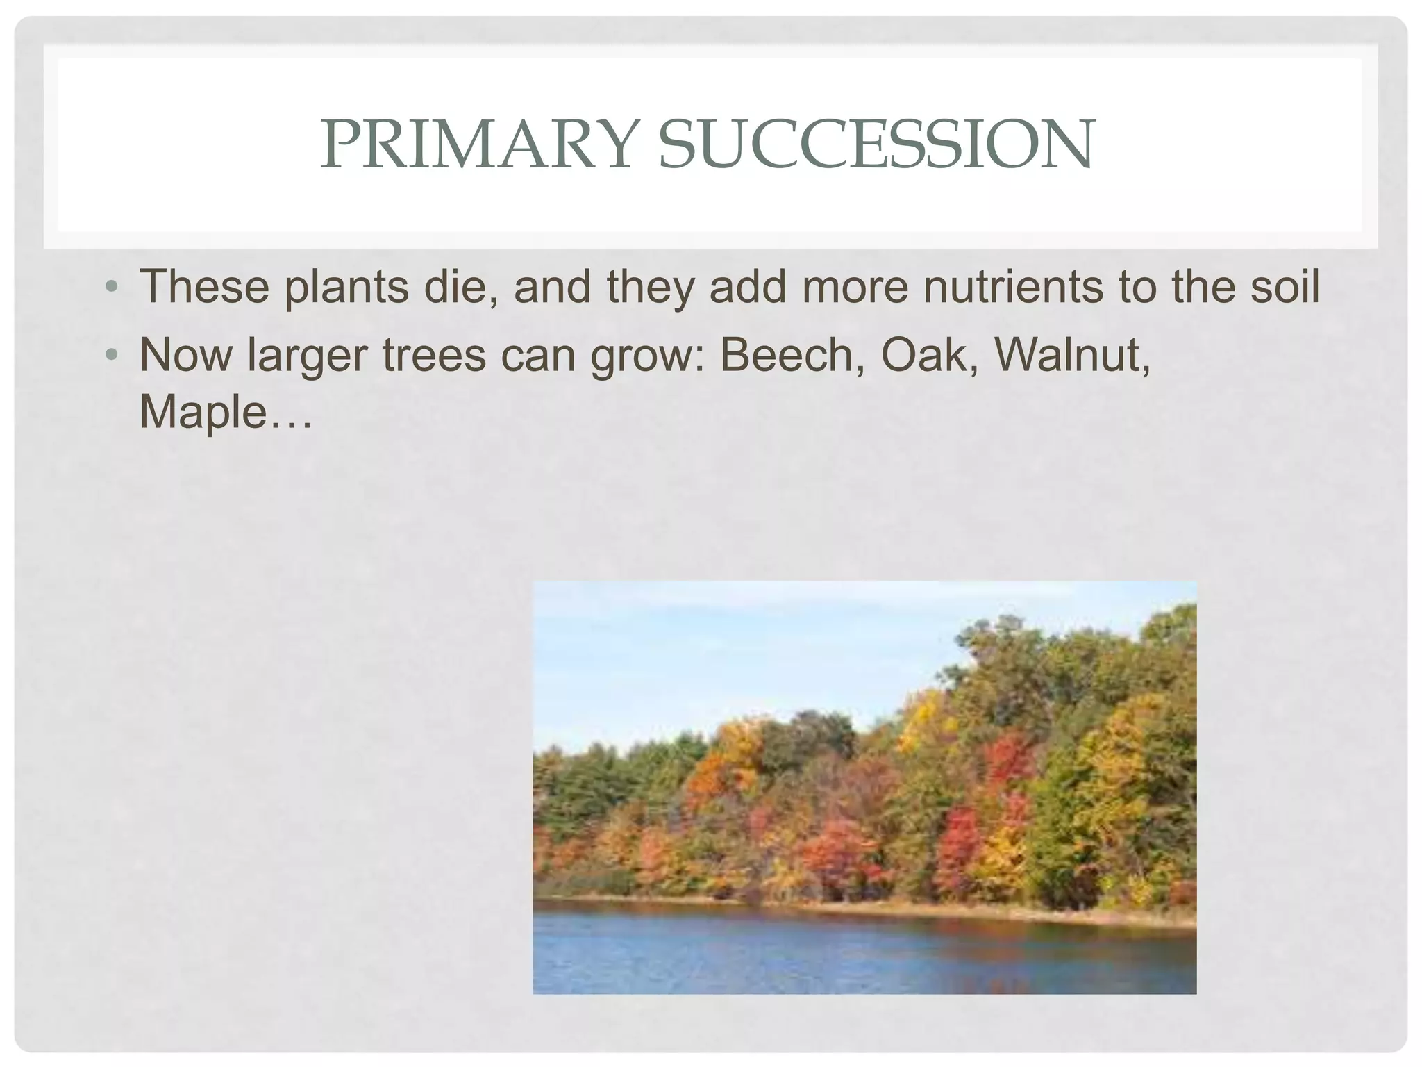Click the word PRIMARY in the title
coord(475,144)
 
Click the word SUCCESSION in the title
coord(876,144)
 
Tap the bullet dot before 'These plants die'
coord(110,286)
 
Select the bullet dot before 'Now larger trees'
coord(110,355)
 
